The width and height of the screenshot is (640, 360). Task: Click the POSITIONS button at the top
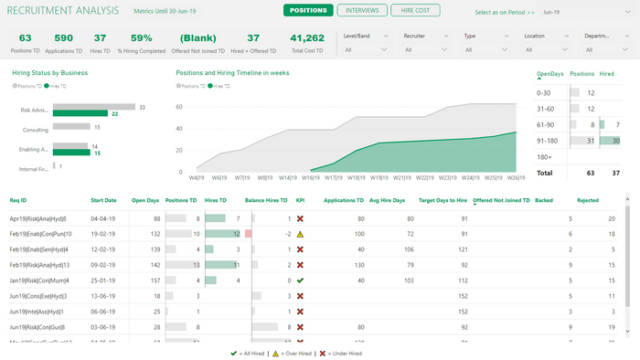(x=307, y=11)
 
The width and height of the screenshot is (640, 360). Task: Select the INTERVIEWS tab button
(x=362, y=11)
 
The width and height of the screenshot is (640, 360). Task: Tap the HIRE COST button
(x=417, y=11)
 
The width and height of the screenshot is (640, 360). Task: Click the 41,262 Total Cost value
(x=306, y=38)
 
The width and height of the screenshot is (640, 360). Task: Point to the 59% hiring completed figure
(x=141, y=38)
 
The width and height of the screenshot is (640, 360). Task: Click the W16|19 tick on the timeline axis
(x=310, y=178)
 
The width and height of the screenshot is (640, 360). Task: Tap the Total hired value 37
(x=615, y=172)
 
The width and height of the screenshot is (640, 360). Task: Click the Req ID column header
(x=18, y=199)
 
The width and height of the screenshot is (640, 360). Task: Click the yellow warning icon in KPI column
(x=300, y=234)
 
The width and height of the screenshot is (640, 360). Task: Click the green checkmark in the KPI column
(x=300, y=281)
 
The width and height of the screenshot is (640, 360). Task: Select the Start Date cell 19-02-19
(x=103, y=234)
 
